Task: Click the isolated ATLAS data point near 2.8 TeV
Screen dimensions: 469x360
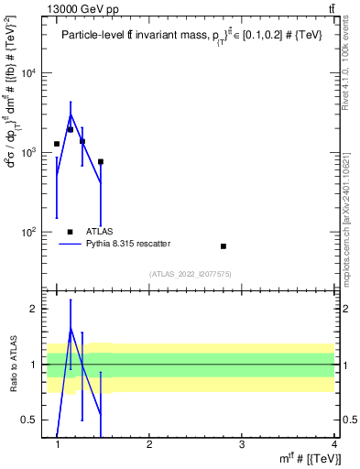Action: (224, 246)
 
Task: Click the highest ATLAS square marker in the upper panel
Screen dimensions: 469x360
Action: (70, 129)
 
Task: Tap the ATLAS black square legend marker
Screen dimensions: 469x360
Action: (70, 232)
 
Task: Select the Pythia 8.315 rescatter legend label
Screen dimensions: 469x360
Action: (128, 244)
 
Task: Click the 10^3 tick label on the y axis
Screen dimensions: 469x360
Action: (33, 153)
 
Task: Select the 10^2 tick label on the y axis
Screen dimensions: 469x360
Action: (33, 233)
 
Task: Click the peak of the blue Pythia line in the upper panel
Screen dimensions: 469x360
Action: (71, 115)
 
